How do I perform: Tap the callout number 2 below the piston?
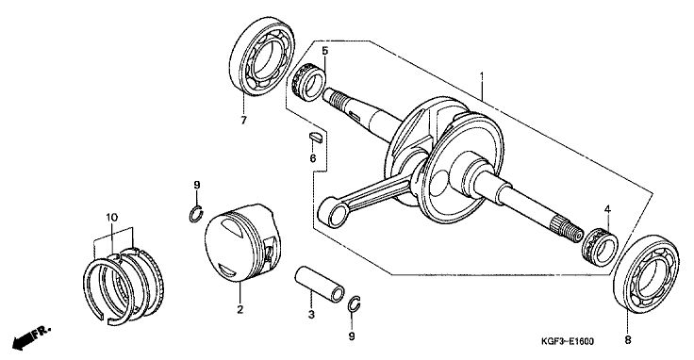point(240,310)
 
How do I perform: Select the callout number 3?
point(311,315)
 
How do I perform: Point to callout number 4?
point(607,208)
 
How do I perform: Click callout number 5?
point(325,50)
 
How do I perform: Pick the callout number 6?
point(313,158)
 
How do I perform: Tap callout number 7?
point(243,120)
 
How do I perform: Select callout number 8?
point(628,339)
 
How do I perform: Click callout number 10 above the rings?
point(111,217)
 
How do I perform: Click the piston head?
point(242,242)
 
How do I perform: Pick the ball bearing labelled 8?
point(646,273)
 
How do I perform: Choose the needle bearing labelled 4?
point(600,247)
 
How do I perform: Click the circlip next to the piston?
point(195,214)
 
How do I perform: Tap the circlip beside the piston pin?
point(354,303)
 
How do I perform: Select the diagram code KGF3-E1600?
point(567,341)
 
